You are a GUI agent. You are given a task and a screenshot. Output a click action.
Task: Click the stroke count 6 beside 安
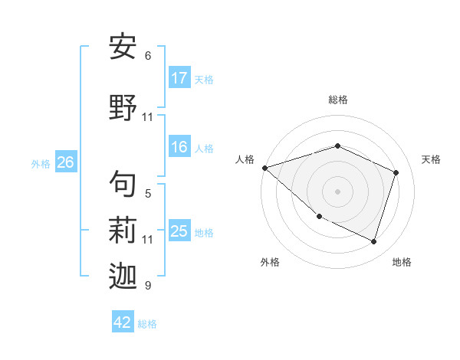coord(148,56)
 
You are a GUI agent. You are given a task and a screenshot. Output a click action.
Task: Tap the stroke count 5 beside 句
coord(148,194)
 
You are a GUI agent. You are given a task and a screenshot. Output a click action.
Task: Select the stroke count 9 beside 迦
coord(148,286)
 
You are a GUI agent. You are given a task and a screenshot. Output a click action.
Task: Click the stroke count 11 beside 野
coord(148,117)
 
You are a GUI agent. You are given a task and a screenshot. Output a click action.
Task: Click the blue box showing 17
coord(179,78)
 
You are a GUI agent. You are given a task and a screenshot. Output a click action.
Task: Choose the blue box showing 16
coord(179,148)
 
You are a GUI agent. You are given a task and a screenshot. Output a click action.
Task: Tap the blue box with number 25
coord(179,231)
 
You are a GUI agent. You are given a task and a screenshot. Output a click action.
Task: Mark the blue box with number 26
coord(65,162)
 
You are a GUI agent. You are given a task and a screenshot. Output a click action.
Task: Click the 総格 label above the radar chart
coord(337,100)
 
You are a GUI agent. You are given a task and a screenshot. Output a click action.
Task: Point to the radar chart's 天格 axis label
coord(432,159)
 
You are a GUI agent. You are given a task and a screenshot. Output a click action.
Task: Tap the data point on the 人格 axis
coord(264,168)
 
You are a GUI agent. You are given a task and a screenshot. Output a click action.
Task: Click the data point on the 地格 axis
coord(373,241)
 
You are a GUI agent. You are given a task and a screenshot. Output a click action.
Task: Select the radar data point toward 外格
coord(319,217)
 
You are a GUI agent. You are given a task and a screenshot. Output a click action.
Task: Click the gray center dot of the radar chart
coord(337,191)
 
